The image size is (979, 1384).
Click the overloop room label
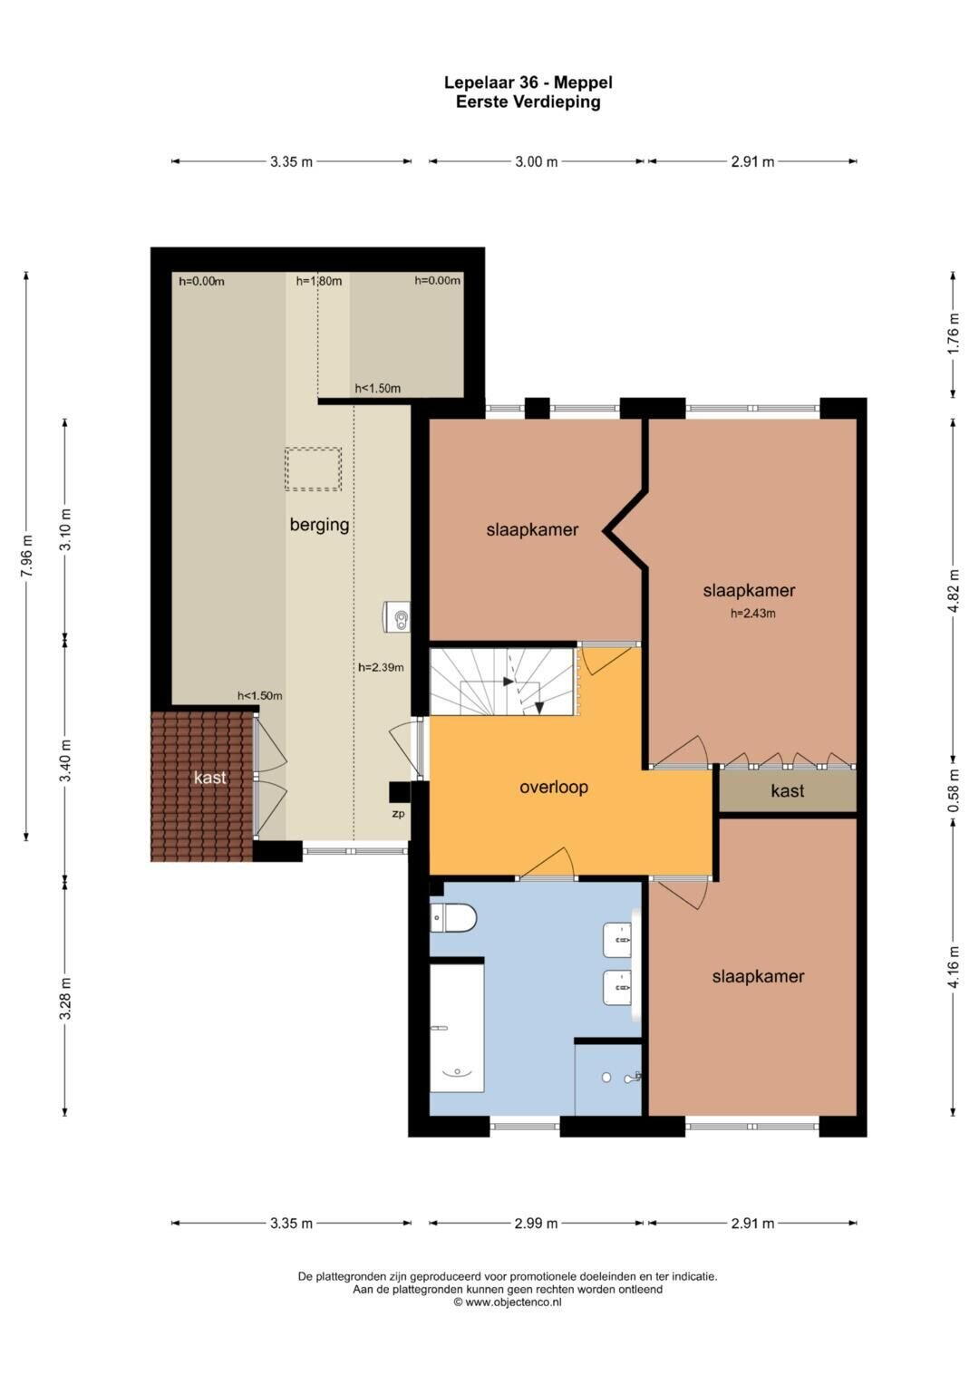pyautogui.click(x=553, y=787)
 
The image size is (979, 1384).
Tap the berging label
pyautogui.click(x=319, y=525)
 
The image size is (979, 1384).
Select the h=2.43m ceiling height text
pyautogui.click(x=752, y=614)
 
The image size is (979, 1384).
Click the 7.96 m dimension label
pyautogui.click(x=26, y=557)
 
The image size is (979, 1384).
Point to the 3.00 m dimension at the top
pyautogui.click(x=537, y=162)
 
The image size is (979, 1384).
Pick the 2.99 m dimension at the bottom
pyautogui.click(x=537, y=1224)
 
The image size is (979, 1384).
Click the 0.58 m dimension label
pyautogui.click(x=955, y=791)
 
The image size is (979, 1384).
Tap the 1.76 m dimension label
pyautogui.click(x=955, y=333)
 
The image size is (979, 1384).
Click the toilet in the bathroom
pyautogui.click(x=453, y=917)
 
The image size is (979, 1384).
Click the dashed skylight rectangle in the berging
pyautogui.click(x=313, y=469)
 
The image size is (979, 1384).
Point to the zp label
pyautogui.click(x=398, y=814)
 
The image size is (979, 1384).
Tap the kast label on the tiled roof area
pyautogui.click(x=209, y=778)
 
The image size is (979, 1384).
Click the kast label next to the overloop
pyautogui.click(x=788, y=790)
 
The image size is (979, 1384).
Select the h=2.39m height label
pyautogui.click(x=381, y=667)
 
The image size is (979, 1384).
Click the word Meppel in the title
pyautogui.click(x=583, y=82)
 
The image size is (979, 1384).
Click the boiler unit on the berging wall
pyautogui.click(x=396, y=616)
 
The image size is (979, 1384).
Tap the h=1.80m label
pyautogui.click(x=318, y=281)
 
